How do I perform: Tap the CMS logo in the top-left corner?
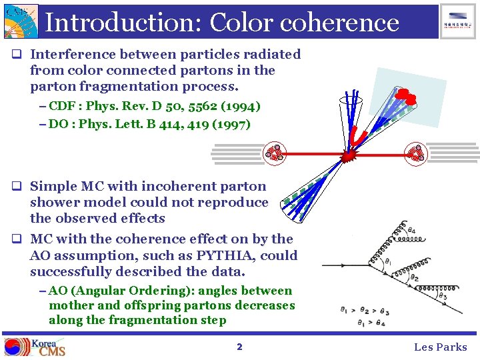(19, 21)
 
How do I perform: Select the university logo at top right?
(458, 21)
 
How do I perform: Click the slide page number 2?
(239, 347)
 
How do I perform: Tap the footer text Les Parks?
(441, 347)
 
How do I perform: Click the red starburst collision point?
(347, 156)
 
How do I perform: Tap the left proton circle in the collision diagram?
(274, 153)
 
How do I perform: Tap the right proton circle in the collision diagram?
(416, 153)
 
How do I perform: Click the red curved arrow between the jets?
(360, 136)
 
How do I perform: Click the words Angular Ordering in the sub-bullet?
(114, 291)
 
